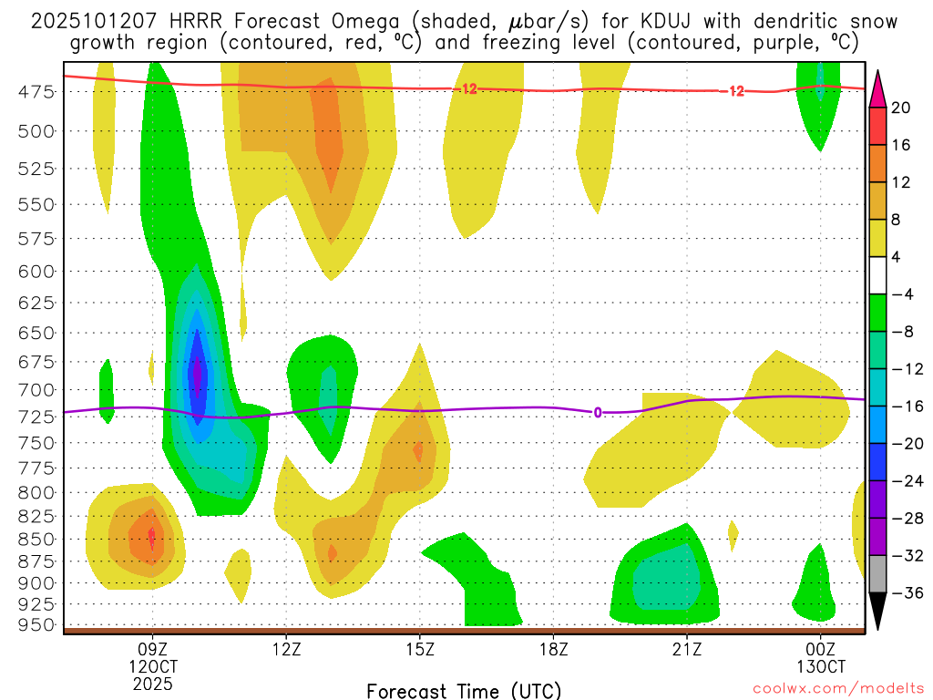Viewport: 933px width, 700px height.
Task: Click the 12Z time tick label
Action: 286,651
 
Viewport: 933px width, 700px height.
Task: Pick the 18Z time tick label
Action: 554,651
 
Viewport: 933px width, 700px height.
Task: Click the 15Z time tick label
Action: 420,651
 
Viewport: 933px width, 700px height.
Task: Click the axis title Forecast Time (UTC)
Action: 464,691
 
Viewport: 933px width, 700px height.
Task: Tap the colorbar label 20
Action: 900,108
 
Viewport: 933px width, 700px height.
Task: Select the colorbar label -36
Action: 904,593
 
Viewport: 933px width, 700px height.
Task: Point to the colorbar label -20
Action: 904,444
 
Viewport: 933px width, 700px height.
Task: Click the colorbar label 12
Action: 900,182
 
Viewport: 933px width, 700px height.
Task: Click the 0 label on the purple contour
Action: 598,412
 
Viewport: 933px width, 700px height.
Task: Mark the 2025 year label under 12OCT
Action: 152,683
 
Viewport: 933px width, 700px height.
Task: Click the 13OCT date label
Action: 821,667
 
